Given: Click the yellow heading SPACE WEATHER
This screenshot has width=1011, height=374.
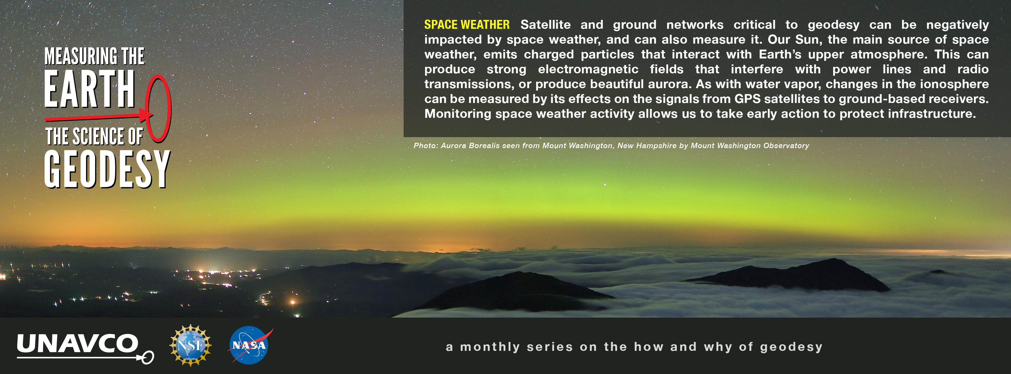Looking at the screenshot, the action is [467, 25].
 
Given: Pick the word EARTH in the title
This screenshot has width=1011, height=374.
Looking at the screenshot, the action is [89, 89].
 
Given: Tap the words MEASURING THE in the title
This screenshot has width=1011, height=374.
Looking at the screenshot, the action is [94, 56].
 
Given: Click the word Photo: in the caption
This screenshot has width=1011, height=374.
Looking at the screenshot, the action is [426, 145].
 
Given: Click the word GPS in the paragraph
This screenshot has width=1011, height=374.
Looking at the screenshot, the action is [747, 99].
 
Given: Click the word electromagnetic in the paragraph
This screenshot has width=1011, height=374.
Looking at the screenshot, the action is [588, 69].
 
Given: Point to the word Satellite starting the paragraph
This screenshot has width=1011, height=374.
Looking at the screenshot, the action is [546, 25].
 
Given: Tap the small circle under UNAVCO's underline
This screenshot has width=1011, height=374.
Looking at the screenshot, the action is [148, 358].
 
